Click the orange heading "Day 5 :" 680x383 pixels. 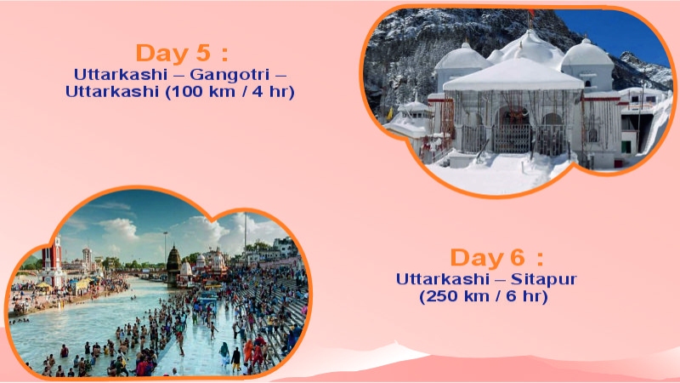(182, 53)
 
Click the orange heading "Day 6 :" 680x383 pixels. (496, 258)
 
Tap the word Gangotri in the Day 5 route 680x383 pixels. (235, 74)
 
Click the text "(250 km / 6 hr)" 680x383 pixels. (484, 297)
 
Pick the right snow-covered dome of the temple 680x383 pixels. (587, 55)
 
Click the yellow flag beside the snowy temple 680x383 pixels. (390, 114)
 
